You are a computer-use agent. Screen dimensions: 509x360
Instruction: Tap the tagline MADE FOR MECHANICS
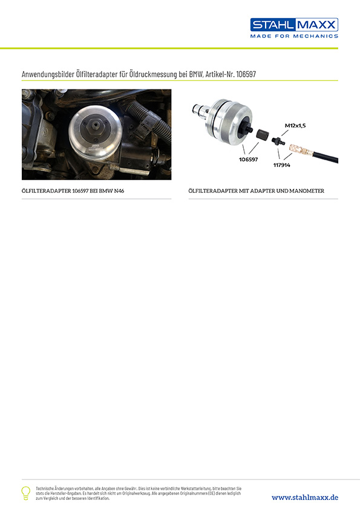click(294, 36)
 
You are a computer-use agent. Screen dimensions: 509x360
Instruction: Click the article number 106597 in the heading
click(253, 74)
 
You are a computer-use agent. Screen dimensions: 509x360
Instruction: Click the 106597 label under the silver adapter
click(248, 160)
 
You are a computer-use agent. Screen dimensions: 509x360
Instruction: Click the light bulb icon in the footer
click(25, 492)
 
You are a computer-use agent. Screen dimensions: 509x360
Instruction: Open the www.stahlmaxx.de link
click(304, 497)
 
